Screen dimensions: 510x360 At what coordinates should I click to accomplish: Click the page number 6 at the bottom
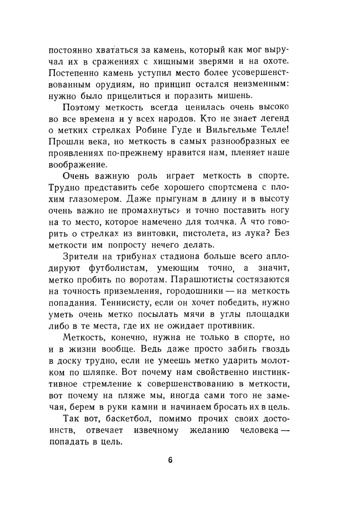170,460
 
